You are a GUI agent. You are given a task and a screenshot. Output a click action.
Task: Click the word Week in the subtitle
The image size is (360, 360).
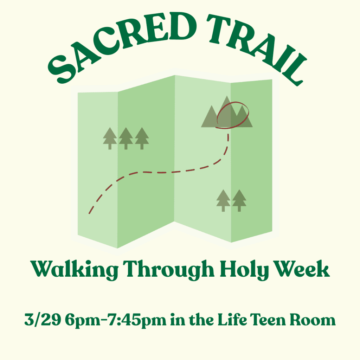click(302, 269)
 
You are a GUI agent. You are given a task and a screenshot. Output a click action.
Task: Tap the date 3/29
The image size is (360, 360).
click(43, 319)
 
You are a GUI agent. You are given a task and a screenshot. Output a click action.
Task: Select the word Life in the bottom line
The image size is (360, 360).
click(232, 319)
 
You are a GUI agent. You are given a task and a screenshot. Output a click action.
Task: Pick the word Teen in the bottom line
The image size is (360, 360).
click(268, 319)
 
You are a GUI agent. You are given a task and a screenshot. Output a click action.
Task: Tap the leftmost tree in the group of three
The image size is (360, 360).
click(110, 139)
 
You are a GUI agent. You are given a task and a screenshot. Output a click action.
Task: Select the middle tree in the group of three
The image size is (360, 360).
click(126, 139)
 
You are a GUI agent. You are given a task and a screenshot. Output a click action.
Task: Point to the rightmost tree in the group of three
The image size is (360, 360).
click(142, 139)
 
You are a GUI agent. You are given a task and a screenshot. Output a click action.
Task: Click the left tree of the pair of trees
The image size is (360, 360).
click(223, 200)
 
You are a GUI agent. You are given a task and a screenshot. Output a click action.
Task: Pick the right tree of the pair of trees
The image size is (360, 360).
click(239, 200)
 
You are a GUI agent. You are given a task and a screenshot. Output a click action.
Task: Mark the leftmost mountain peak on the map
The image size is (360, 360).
click(211, 106)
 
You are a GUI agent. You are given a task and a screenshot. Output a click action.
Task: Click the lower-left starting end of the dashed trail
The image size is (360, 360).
click(89, 213)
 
